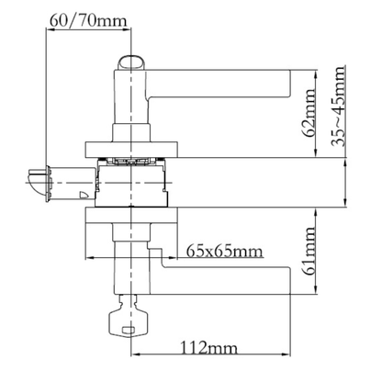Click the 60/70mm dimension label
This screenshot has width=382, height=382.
coord(87,20)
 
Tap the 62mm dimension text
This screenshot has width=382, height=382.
coord(309,113)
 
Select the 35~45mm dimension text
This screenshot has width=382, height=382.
coord(339,106)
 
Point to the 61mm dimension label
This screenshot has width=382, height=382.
coord(309,251)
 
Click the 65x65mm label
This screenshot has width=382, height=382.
coord(224,252)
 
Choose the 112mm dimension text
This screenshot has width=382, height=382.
coord(208,348)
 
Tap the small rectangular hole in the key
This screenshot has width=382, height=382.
coord(129,330)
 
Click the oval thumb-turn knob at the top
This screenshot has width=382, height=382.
coord(131,63)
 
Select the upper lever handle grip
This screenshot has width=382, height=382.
coord(219,84)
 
